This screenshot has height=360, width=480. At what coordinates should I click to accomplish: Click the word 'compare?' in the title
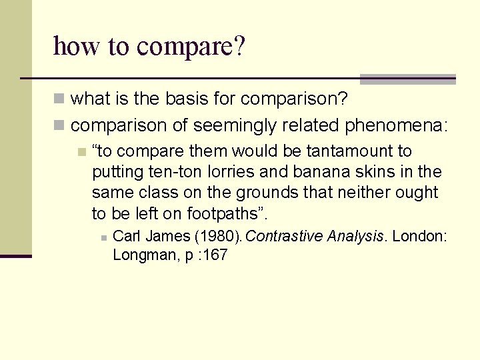pos(191,47)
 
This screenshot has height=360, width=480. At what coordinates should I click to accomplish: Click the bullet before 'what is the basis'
pos(60,99)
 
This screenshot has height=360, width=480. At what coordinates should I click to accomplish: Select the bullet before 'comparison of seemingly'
pos(60,125)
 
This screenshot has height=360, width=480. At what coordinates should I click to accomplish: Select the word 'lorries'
pos(230,172)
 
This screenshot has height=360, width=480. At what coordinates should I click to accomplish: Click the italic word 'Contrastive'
pos(284,236)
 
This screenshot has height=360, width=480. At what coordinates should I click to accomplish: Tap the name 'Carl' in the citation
pos(127,236)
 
